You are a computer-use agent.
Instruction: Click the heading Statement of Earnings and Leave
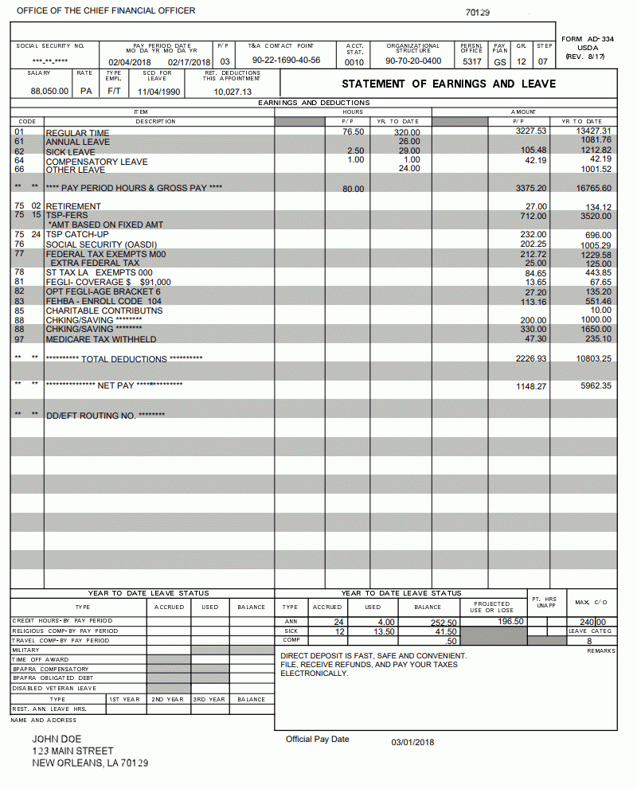coord(448,84)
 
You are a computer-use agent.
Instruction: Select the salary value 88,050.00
coord(49,92)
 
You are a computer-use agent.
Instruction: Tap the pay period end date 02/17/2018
coord(189,62)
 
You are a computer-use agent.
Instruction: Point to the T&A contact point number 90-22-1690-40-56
coord(286,61)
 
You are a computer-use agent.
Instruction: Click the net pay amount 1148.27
coord(531,386)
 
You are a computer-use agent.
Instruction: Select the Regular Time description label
coord(77,133)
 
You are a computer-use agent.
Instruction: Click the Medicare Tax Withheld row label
coord(100,339)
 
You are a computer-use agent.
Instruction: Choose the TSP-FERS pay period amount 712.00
coord(533,216)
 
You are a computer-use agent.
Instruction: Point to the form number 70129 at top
coord(478,13)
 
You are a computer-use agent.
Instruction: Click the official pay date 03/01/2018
coord(412,742)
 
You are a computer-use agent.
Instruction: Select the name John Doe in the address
coord(57,739)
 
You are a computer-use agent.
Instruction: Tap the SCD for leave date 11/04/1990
coord(158,92)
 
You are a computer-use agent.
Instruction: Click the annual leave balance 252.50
coord(443,623)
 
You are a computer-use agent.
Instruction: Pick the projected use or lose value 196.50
coord(510,621)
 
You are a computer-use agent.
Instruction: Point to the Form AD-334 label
coord(588,39)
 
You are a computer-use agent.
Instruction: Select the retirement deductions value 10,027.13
coord(233,92)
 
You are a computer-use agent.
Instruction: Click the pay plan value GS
coord(500,62)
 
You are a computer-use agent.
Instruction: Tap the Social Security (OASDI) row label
coord(101,244)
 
